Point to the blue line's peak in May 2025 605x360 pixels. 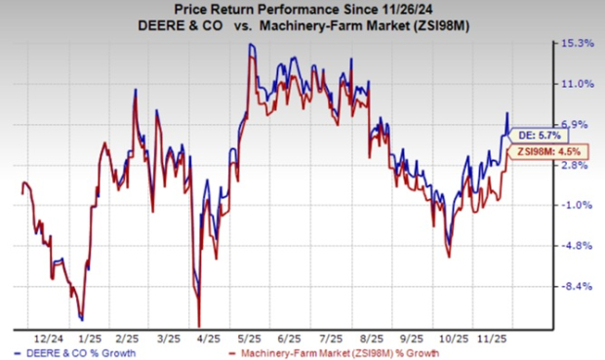251,44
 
